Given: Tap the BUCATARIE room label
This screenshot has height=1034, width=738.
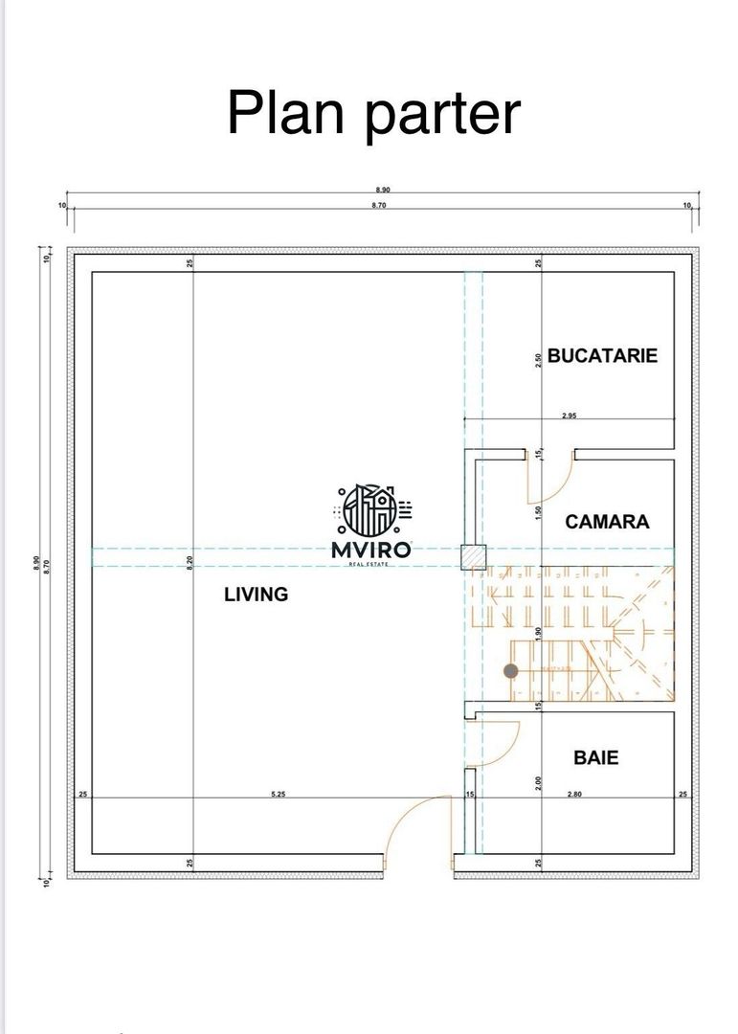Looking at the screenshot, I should click(602, 355).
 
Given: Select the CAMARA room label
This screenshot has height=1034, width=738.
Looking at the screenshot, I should click(607, 522).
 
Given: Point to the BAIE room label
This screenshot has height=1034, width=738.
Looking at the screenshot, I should click(595, 757).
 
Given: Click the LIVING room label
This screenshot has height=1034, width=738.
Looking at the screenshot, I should click(256, 595).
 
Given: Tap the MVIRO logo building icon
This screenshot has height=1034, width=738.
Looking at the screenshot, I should click(370, 510).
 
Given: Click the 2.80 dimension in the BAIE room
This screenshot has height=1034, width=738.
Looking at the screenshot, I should click(575, 794).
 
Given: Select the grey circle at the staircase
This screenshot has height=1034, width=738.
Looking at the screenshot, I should click(511, 671).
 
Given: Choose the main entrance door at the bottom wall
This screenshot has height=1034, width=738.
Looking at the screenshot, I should click(404, 833).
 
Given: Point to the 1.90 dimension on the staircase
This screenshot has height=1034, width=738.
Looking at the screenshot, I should click(539, 633).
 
